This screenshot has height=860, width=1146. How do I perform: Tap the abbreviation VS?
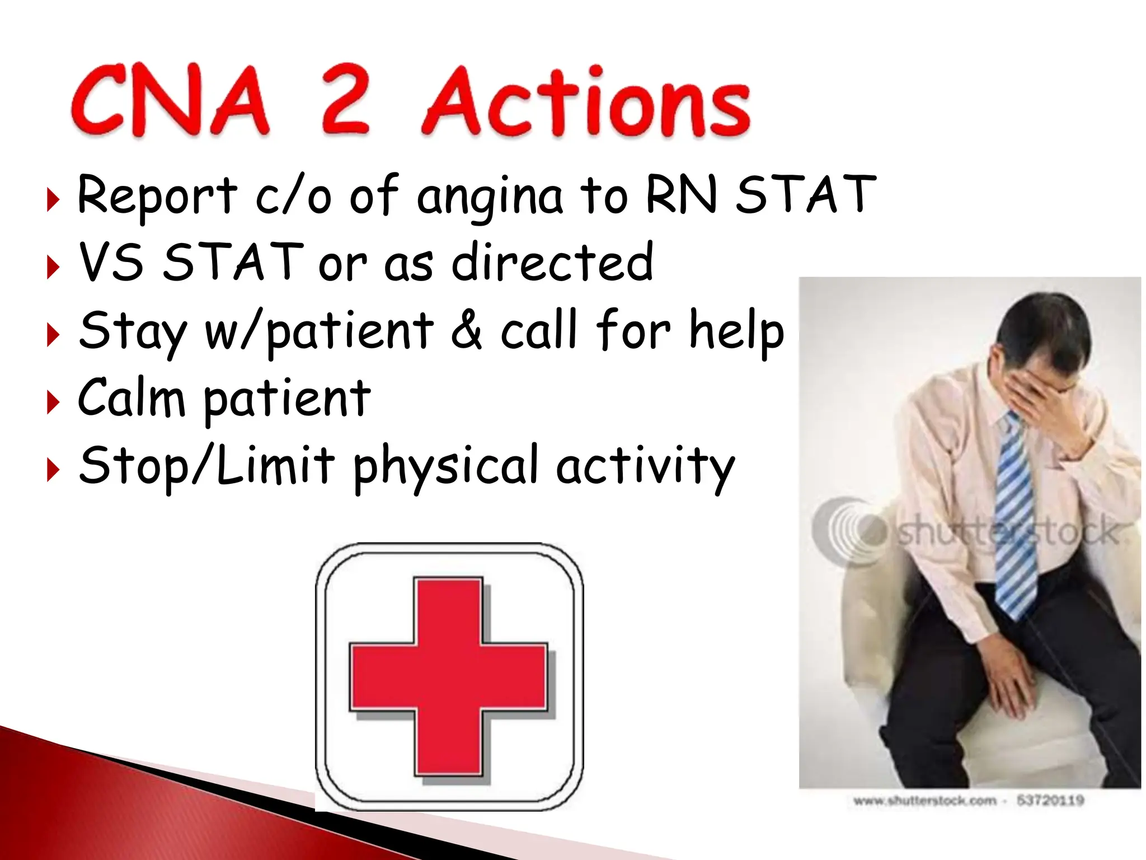(111, 261)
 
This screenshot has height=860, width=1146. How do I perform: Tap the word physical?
(445, 466)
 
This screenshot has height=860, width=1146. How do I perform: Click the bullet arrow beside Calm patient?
(53, 402)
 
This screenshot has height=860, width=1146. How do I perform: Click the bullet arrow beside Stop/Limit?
(53, 469)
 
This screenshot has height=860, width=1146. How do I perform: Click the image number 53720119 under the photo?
(1050, 800)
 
